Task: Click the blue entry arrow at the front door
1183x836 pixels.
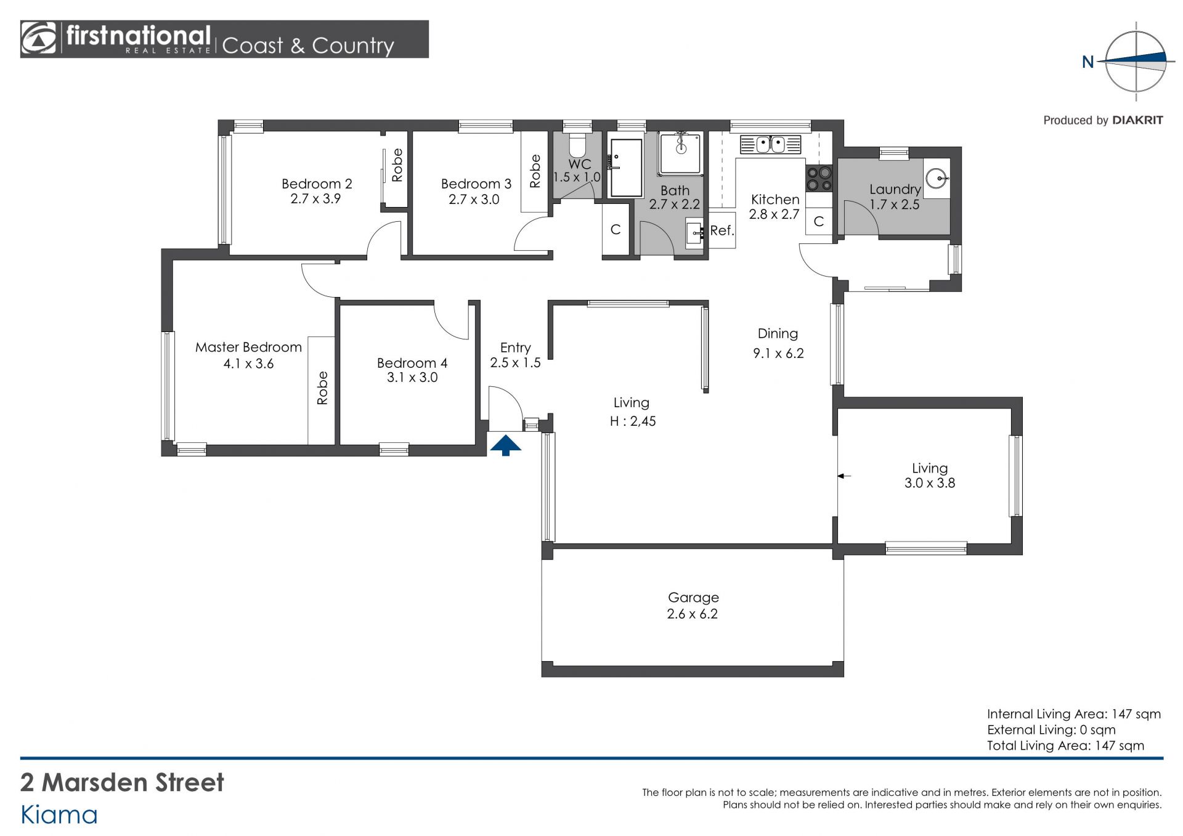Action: point(505,445)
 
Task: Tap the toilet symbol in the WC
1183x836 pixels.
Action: point(577,145)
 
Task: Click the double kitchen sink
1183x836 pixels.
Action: point(770,145)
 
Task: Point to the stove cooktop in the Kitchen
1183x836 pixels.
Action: point(819,179)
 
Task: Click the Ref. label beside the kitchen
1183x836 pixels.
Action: point(722,230)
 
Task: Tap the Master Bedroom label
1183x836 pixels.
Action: point(248,347)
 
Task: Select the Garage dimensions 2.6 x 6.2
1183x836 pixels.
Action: point(693,614)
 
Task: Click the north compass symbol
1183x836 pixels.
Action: point(1136,62)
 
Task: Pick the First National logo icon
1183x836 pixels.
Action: point(38,39)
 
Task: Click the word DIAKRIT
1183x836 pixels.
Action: point(1138,120)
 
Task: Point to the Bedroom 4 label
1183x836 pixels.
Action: point(412,363)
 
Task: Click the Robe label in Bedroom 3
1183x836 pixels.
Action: point(535,171)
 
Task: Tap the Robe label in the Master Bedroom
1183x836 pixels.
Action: point(322,388)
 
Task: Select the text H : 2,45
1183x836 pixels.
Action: point(633,421)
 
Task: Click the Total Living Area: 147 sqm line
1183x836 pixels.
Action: point(1065,745)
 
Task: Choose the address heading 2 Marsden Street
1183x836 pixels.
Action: point(122,782)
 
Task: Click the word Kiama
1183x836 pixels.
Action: point(59,815)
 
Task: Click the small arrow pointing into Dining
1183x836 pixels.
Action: point(844,476)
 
